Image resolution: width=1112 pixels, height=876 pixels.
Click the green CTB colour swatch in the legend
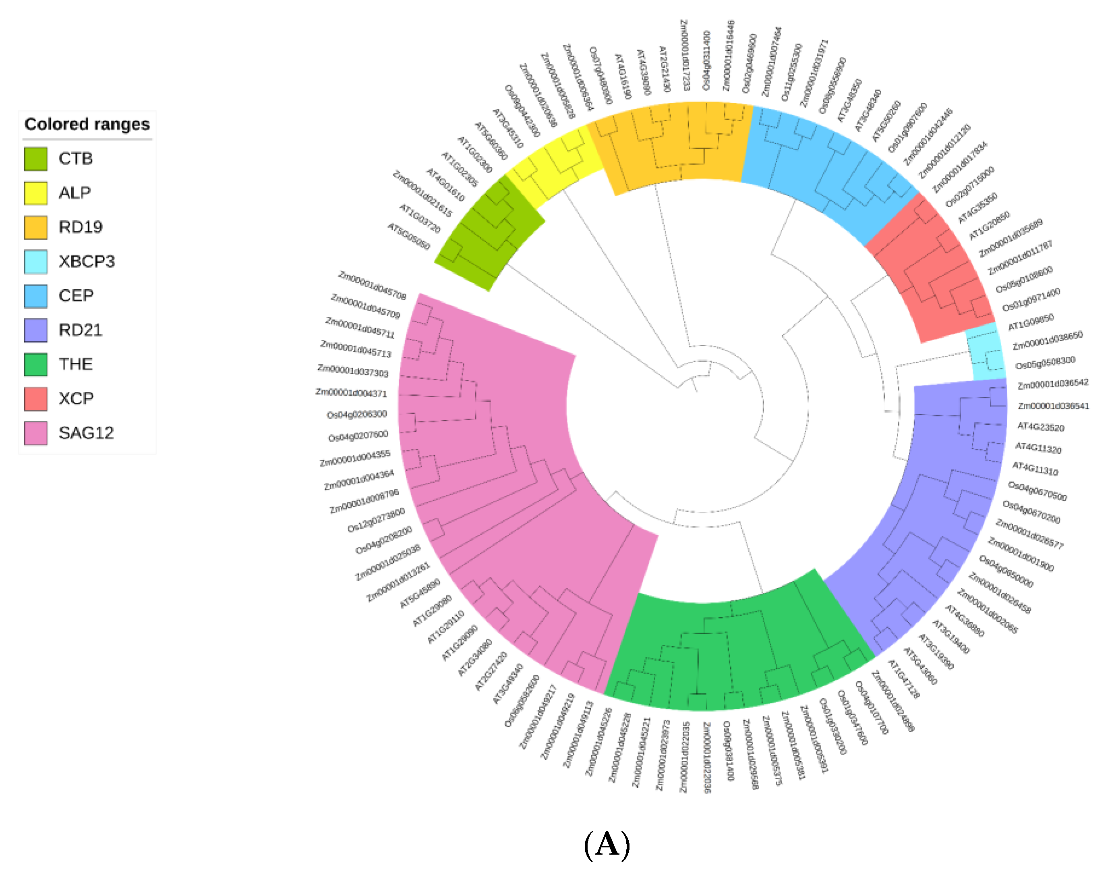36,158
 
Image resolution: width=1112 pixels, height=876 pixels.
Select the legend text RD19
81,227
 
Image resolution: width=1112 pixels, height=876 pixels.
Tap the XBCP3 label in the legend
87,262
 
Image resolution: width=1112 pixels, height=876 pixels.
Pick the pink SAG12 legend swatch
36,434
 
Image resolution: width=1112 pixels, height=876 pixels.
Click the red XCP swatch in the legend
36,399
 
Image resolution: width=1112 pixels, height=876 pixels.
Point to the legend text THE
76,365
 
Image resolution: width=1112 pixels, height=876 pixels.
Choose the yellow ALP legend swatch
36,193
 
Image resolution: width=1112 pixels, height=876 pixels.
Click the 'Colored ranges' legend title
87,124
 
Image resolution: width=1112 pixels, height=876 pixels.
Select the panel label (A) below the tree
607,844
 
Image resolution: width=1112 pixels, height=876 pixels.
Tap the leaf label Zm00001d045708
372,286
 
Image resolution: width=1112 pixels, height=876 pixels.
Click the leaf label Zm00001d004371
351,393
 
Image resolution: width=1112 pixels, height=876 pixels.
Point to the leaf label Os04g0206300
357,414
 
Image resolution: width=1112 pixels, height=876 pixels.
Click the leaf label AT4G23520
1041,427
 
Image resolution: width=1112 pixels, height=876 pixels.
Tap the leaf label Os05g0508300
1046,363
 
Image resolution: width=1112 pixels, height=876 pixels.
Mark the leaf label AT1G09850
1031,322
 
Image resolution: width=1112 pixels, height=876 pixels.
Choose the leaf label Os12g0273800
376,520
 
